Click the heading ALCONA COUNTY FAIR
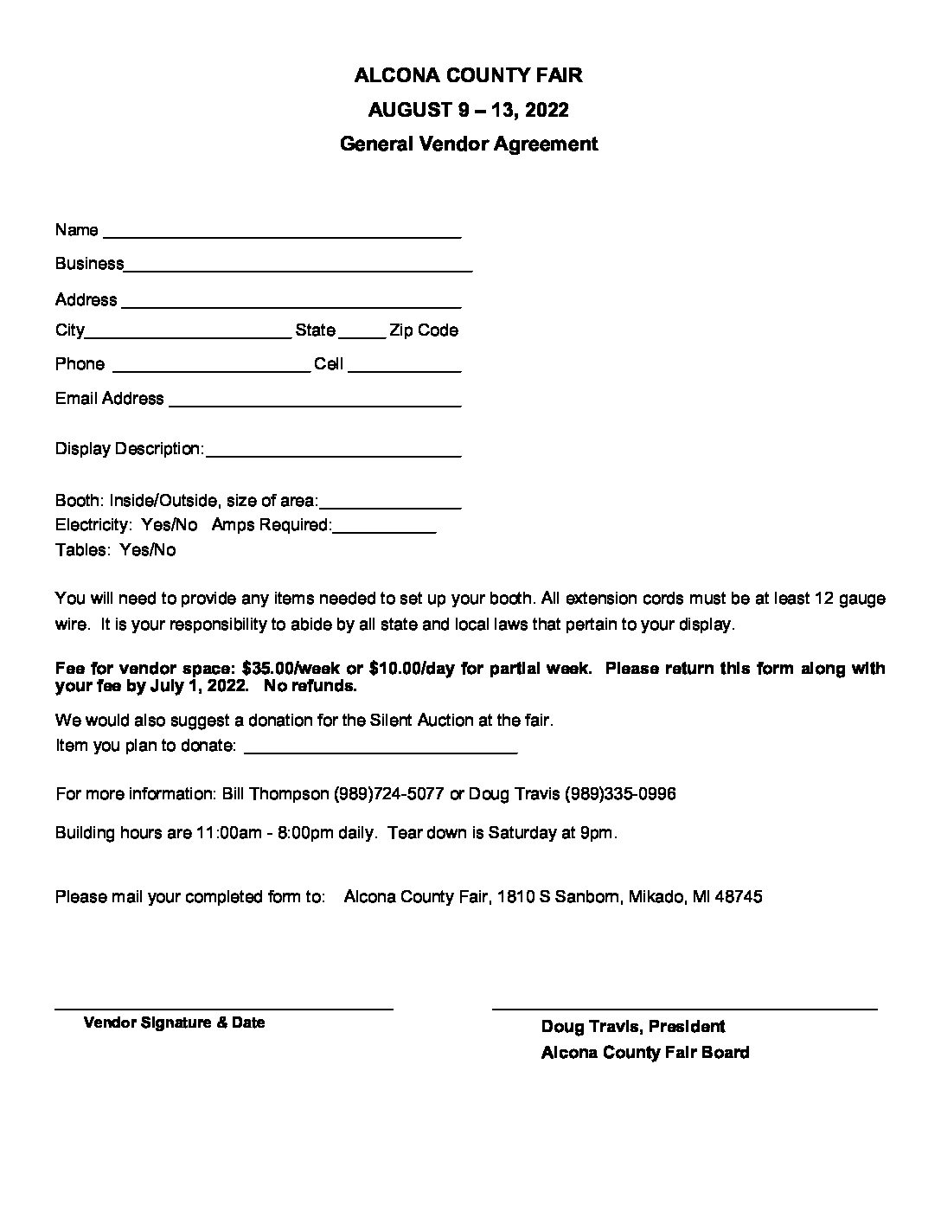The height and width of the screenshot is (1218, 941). click(468, 76)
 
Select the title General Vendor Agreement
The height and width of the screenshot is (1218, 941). click(468, 144)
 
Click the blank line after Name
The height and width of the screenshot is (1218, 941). click(281, 232)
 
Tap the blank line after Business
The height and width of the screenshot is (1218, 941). click(298, 266)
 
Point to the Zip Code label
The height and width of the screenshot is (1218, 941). click(424, 330)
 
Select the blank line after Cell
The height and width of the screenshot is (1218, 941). click(404, 367)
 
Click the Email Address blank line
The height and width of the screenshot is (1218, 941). click(314, 401)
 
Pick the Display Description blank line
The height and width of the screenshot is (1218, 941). click(333, 452)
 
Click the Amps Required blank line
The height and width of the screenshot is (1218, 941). click(384, 528)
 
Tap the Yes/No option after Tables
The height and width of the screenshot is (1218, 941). click(148, 550)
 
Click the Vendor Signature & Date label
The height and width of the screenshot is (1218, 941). click(174, 1022)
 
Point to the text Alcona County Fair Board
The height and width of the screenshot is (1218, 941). click(645, 1053)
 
